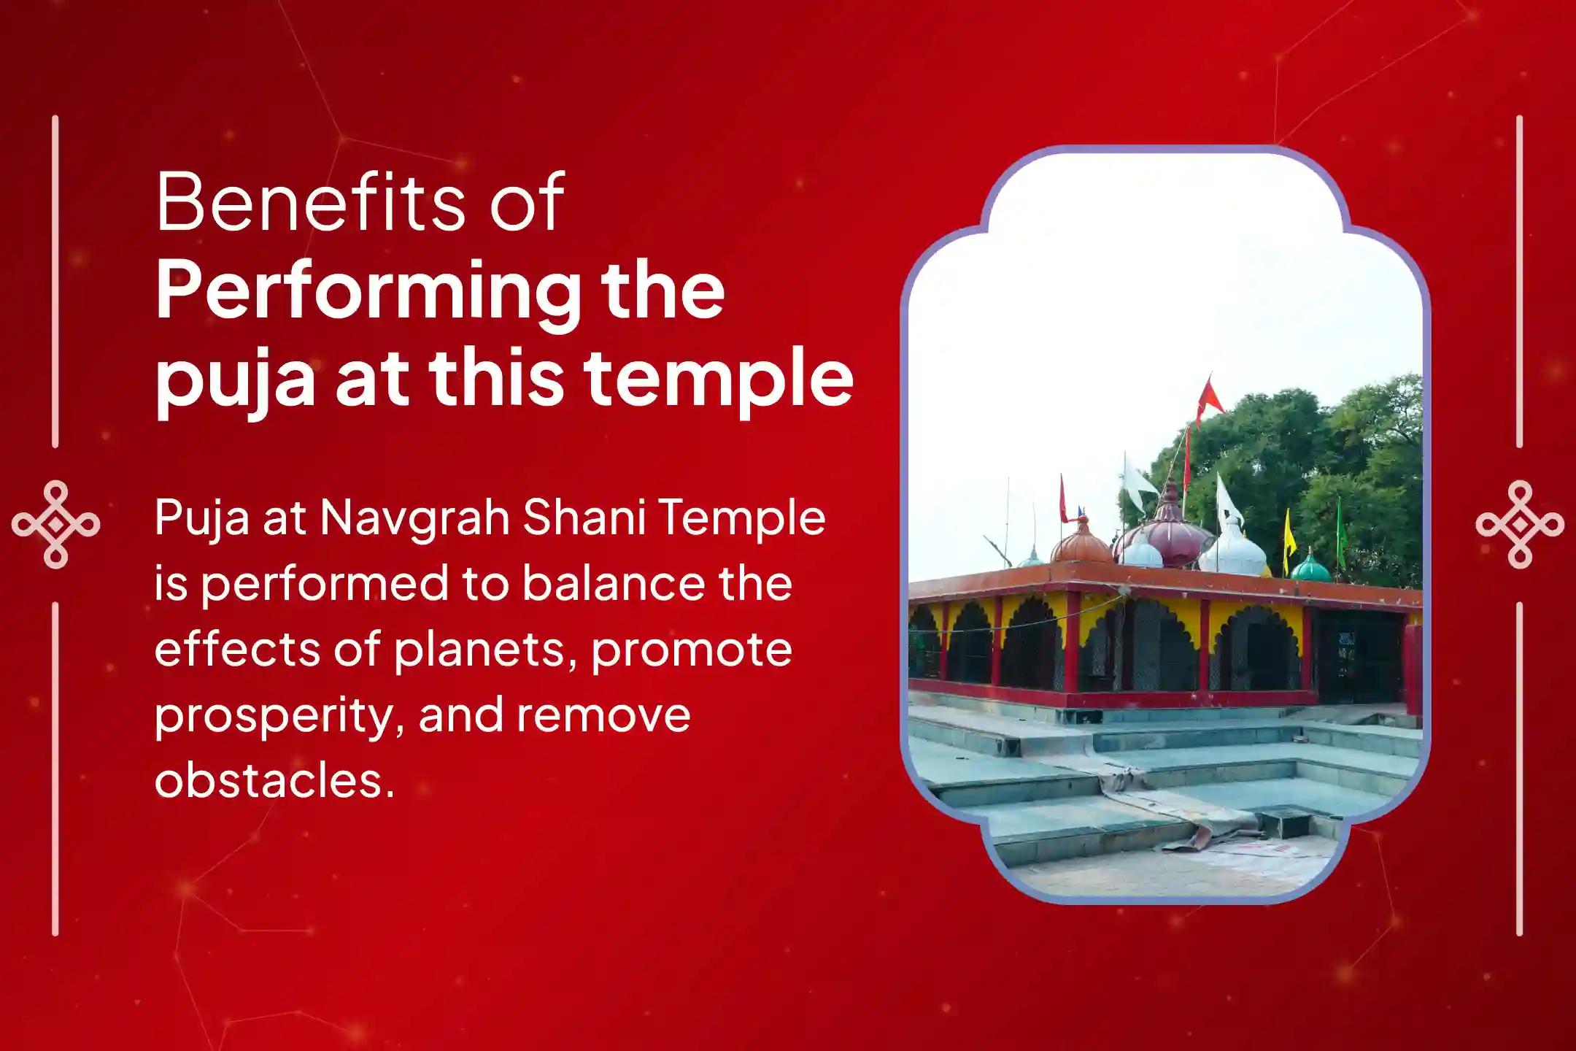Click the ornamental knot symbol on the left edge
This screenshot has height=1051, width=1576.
click(55, 524)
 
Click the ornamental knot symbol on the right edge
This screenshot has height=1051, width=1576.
click(1519, 524)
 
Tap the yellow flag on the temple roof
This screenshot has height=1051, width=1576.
click(1289, 533)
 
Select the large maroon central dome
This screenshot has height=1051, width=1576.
click(1167, 536)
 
